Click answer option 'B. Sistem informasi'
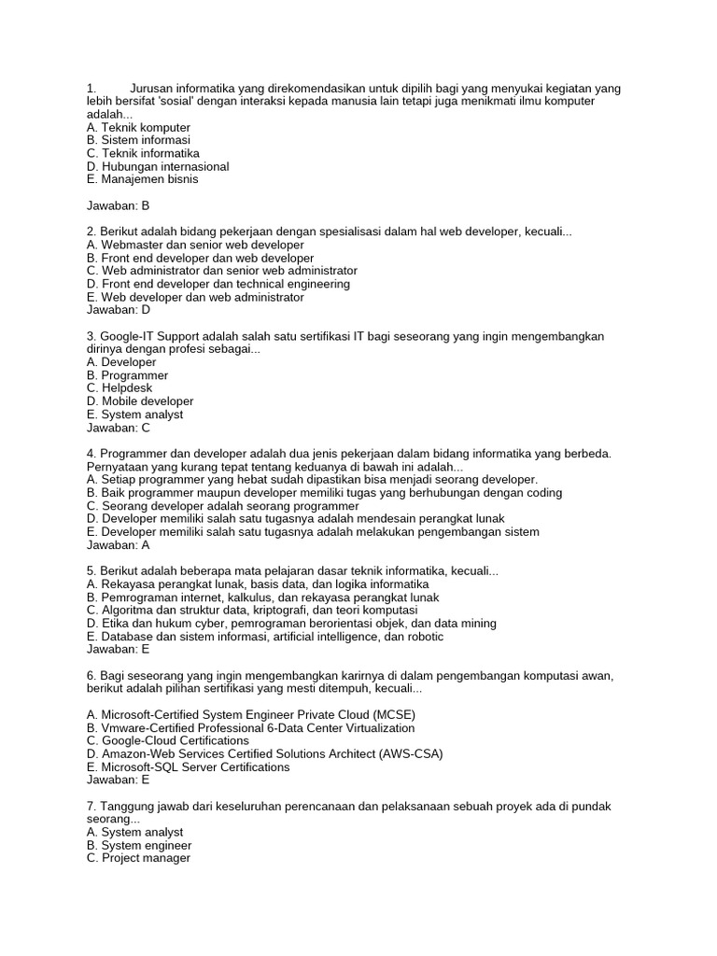(138, 140)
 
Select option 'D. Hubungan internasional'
(157, 166)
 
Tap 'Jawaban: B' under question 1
(118, 205)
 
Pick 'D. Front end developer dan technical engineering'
(218, 284)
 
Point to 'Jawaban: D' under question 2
(118, 310)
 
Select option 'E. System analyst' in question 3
(134, 415)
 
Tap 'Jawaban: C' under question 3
(118, 428)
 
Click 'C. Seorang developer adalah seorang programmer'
(222, 506)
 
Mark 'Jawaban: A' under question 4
(118, 544)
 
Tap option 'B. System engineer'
(139, 845)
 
